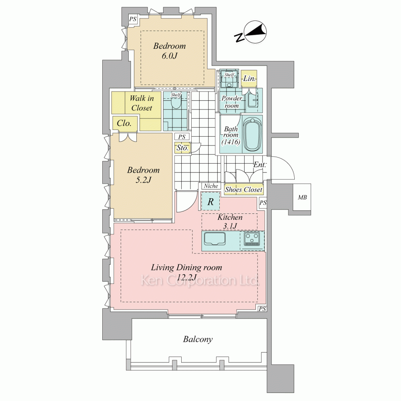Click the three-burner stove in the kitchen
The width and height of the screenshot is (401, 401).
tap(252, 239)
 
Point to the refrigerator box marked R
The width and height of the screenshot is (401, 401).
tap(211, 201)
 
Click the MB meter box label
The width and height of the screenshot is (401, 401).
tap(302, 197)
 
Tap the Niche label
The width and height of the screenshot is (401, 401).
tap(211, 186)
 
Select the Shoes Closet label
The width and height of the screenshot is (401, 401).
tap(243, 190)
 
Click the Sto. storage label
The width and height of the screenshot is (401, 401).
tap(182, 148)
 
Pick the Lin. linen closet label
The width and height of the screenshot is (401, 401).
tap(249, 78)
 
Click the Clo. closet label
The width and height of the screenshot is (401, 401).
tap(124, 123)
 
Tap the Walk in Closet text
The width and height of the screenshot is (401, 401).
tap(142, 103)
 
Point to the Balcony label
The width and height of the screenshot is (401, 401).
tap(198, 339)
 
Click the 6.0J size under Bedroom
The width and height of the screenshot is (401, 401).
tap(170, 56)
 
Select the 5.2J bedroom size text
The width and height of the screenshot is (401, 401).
tap(144, 180)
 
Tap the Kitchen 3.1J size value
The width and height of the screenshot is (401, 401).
tap(230, 226)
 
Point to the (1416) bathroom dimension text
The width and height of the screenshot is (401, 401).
tap(231, 142)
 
